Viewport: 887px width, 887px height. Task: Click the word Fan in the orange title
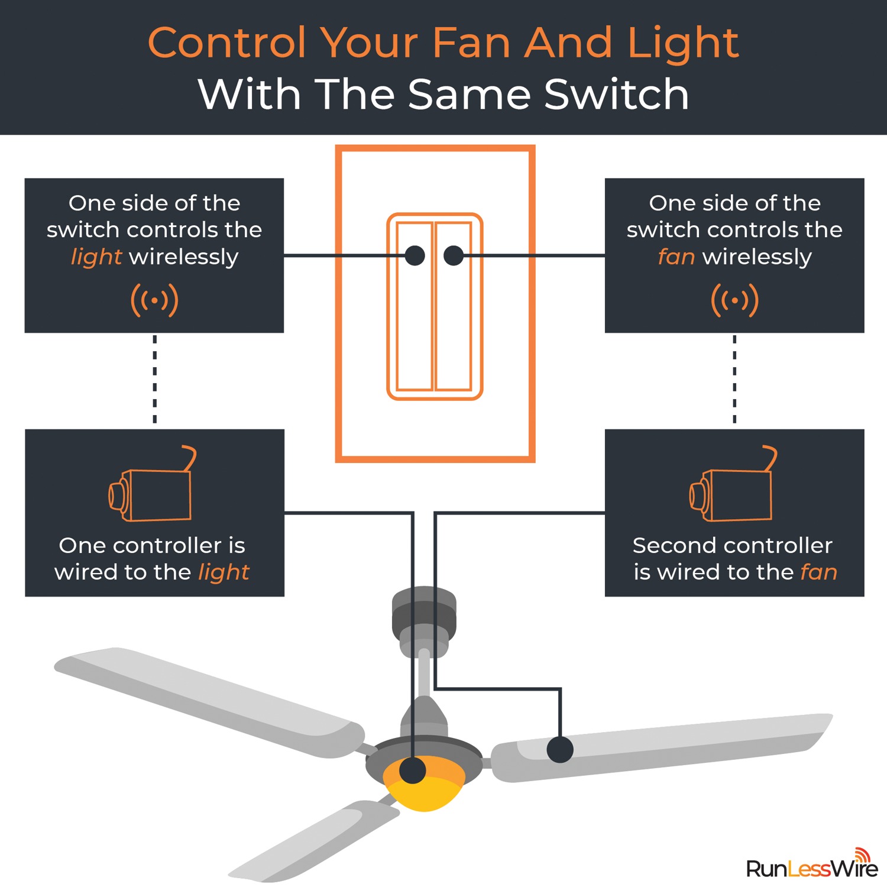(471, 43)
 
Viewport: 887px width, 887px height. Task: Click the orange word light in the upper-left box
(96, 258)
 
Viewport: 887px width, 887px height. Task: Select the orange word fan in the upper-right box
(676, 257)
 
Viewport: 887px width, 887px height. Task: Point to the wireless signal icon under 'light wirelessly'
(154, 300)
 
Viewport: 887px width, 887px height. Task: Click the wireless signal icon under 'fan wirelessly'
(734, 300)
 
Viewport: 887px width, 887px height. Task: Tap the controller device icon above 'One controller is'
(152, 484)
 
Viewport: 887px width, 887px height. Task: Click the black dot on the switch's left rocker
(415, 255)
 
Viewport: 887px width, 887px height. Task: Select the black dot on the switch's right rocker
(454, 255)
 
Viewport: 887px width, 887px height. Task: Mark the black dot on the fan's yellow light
(413, 771)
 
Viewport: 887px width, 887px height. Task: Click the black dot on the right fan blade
(560, 750)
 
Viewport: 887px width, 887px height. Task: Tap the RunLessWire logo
(812, 864)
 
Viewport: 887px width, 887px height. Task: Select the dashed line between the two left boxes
(155, 379)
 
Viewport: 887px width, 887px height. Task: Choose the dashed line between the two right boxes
(734, 379)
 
